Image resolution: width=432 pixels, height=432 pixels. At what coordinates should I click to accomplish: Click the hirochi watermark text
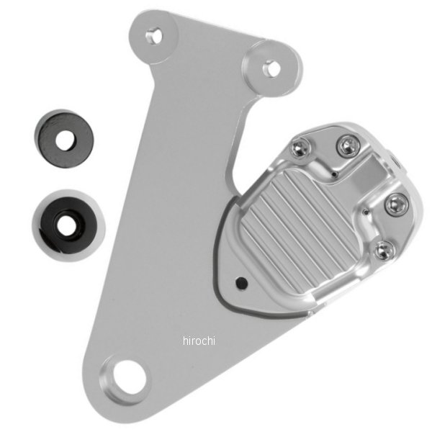pos(199,341)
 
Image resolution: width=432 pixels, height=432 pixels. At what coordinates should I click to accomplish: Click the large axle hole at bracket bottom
pos(129,377)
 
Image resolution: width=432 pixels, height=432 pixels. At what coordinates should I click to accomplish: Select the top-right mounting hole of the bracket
pos(272,69)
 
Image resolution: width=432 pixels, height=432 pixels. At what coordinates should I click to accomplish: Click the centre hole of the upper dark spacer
pos(65,140)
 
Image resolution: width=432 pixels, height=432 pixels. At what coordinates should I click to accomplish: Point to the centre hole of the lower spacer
pos(67,225)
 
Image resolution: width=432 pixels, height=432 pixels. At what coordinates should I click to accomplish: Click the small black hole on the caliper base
pos(242,283)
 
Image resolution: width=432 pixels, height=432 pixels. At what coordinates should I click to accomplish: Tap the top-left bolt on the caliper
pos(301,148)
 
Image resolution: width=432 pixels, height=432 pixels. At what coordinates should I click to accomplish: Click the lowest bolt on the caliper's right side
pos(384,250)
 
